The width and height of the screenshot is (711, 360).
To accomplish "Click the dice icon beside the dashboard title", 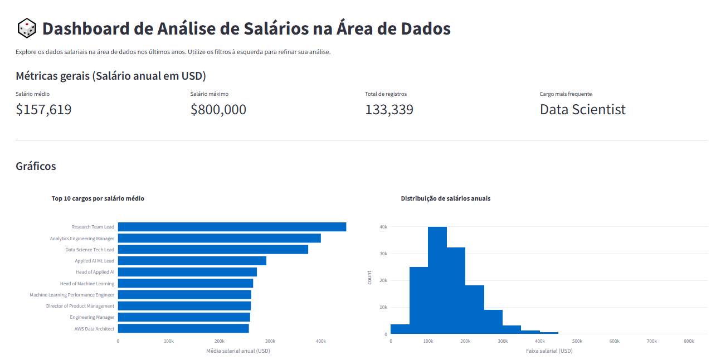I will [x=27, y=28].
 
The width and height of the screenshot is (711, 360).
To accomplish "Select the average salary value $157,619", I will [x=43, y=110].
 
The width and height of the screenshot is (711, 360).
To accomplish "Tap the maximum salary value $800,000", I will [x=218, y=110].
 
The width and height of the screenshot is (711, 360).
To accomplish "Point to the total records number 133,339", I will [x=389, y=110].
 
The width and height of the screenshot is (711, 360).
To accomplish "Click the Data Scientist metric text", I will [x=582, y=110].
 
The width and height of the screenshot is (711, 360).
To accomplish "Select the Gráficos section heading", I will [x=36, y=166].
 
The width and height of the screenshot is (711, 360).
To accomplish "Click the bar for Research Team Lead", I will [x=232, y=227].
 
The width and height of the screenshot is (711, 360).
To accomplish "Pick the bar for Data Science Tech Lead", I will [x=213, y=250].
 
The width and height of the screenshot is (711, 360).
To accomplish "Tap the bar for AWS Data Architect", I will [x=183, y=329].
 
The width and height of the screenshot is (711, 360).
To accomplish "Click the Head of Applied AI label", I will [x=95, y=272].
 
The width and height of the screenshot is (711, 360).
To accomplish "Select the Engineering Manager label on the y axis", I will [x=92, y=317].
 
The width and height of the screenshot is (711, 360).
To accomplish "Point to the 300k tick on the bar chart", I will [x=270, y=341].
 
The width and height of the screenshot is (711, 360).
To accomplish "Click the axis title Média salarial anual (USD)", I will [x=238, y=351].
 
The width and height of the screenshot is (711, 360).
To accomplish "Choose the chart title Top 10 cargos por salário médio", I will [x=98, y=198].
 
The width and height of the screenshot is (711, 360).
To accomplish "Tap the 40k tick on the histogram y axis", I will [x=383, y=227].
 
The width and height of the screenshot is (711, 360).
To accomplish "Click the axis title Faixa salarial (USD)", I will [x=549, y=351].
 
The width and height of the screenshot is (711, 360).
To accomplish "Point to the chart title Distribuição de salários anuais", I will [x=446, y=198].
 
